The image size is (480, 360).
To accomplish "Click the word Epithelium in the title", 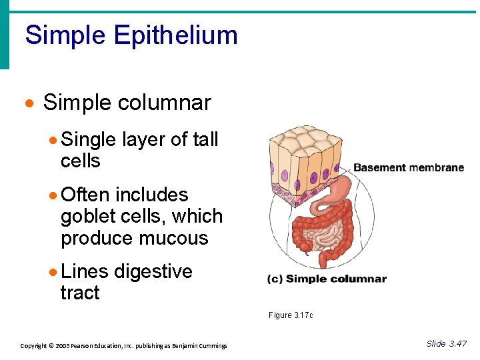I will (175, 35).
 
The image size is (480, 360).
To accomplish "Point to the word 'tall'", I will (205, 139).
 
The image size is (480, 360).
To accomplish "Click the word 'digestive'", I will (153, 271).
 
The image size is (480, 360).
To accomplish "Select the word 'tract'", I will (80, 293).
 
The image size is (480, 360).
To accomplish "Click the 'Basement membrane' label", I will (408, 167).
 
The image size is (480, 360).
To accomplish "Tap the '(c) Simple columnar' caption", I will (327, 279).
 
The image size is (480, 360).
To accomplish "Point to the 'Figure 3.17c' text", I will (291, 315).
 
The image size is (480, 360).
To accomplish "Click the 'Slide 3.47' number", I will (446, 343).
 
